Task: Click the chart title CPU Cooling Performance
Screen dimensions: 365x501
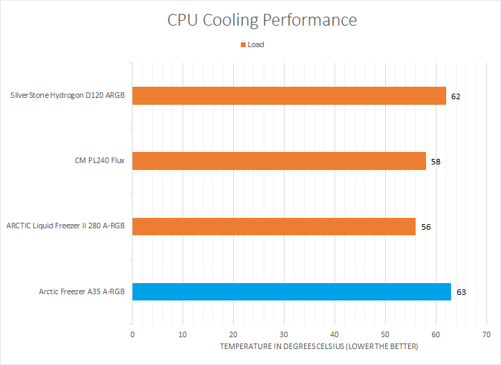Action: tap(262, 20)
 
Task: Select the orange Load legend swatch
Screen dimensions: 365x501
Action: tap(243, 45)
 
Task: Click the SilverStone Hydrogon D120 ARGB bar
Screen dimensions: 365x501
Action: tap(289, 96)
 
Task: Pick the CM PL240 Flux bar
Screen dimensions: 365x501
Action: tap(279, 161)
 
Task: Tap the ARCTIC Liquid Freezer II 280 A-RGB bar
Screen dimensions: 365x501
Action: tap(273, 226)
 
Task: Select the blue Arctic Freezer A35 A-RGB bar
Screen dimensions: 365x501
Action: tap(291, 291)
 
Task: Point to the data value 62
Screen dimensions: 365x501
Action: tap(455, 96)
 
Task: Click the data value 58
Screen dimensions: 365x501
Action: tap(435, 162)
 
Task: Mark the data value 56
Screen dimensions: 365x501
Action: tap(425, 227)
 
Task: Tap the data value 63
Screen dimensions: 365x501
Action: tap(461, 292)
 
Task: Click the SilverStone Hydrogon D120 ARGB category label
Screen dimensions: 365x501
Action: tap(68, 96)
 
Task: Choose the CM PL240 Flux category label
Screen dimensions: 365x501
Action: tap(95, 161)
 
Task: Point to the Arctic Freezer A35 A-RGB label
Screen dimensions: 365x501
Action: tap(82, 291)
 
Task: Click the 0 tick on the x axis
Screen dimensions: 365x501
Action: tap(133, 334)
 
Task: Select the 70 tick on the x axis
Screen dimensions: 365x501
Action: tap(486, 334)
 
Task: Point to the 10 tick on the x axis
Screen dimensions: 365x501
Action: tap(182, 334)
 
